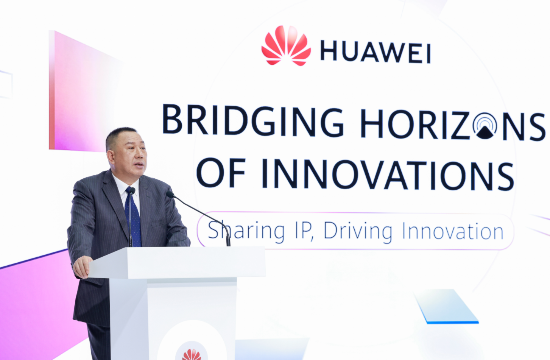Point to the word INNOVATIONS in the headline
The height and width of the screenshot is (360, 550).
point(387,175)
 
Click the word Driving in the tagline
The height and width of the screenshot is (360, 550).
point(358,231)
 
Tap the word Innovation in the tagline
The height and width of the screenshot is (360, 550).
point(453,231)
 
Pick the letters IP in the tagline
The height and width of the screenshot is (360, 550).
point(304,231)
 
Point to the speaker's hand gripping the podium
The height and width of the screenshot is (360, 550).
point(82,266)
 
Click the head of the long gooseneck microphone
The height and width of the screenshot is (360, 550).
point(170,195)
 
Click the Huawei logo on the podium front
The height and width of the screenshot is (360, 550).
point(192,355)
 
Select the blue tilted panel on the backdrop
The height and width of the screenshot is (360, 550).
point(446,306)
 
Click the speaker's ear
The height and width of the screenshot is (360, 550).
point(111,156)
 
